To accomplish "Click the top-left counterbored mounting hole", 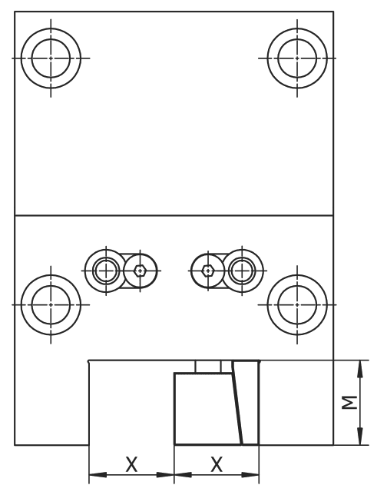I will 50,58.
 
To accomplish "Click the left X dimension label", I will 131,464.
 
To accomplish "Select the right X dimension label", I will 217,464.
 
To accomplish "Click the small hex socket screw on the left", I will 139,270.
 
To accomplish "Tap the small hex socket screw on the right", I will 207,270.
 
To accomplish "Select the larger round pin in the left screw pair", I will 104,270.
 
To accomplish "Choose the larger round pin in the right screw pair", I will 242,270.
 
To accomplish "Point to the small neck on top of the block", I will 208,367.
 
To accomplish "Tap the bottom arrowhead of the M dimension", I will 358,440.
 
